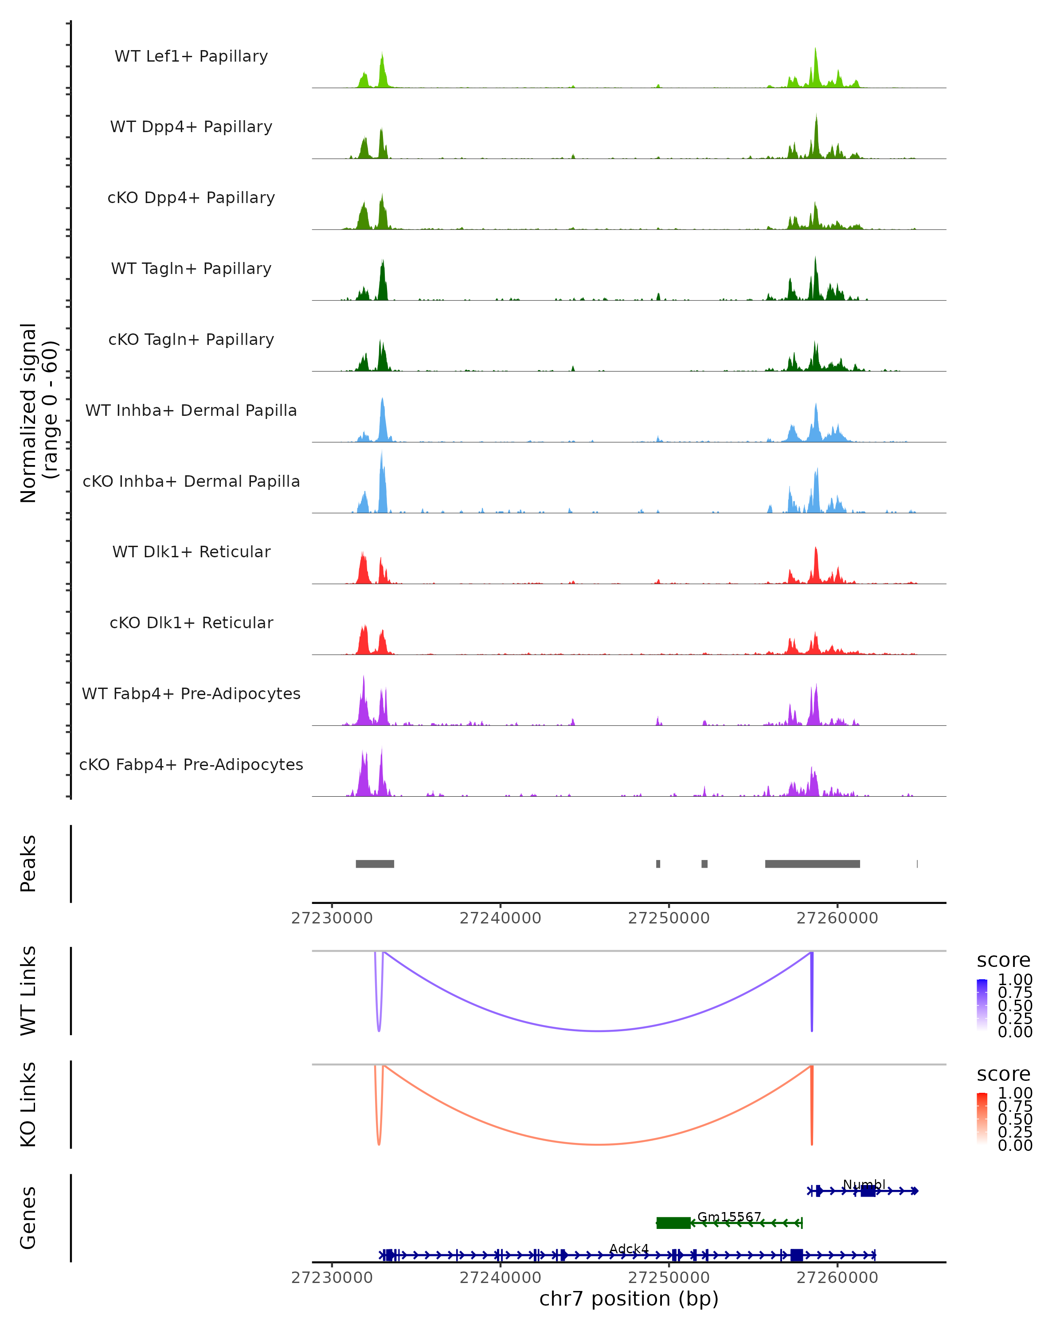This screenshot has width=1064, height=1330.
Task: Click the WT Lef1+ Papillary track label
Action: click(x=191, y=56)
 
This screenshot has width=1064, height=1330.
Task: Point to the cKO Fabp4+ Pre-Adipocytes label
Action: click(x=191, y=764)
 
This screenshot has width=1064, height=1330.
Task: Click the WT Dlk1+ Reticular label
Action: click(x=191, y=552)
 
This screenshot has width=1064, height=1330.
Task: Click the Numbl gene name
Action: click(x=864, y=1185)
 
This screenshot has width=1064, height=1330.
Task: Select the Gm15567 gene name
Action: click(x=729, y=1217)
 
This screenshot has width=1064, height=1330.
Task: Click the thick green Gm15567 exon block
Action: click(x=673, y=1223)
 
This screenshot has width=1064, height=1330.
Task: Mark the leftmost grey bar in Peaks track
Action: click(x=375, y=864)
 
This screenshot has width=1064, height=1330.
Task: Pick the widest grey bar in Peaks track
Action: click(x=812, y=864)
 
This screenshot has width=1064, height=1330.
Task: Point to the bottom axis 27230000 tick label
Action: click(x=332, y=1278)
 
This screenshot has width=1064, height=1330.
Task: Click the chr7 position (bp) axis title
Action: click(x=629, y=1299)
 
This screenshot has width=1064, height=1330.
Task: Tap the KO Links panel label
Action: click(x=28, y=1104)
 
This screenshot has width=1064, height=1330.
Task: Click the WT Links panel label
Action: click(x=28, y=991)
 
